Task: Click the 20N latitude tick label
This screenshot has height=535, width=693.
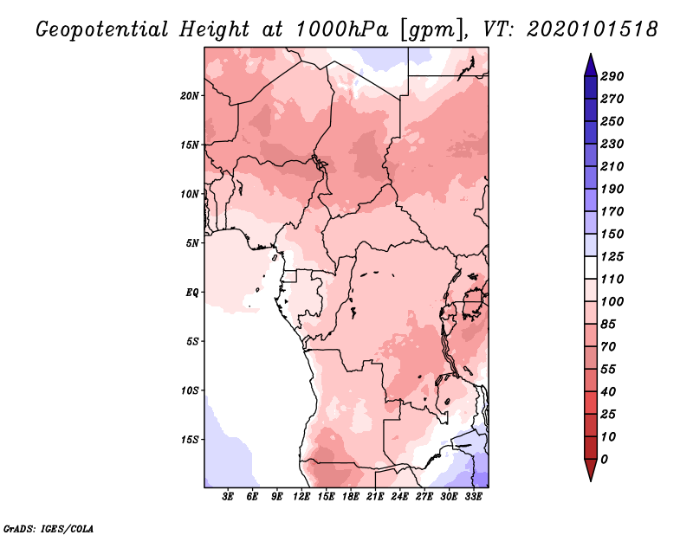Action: pos(190,95)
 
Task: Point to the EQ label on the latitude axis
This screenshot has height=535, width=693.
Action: pos(192,292)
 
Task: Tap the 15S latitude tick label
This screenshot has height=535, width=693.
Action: pos(190,439)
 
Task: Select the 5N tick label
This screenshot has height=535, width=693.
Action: pos(192,242)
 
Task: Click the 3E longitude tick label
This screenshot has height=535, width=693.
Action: pos(228,498)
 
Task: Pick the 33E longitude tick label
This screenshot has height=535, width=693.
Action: pos(473,498)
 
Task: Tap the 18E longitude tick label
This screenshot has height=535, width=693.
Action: pos(351,498)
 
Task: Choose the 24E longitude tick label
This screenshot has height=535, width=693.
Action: pos(399,498)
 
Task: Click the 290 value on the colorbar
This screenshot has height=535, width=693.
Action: pos(612,76)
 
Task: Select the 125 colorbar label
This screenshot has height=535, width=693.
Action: pos(612,256)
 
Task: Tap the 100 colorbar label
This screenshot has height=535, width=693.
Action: pos(612,301)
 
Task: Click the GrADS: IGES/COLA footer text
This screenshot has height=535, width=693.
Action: pos(49,527)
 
